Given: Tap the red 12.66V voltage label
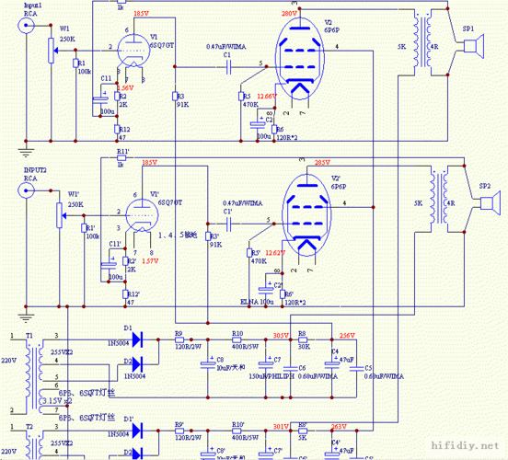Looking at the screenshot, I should tap(266, 96).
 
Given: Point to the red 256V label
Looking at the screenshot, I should tap(348, 336).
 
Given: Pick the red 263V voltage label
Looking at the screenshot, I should tap(338, 426).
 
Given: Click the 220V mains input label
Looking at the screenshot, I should tap(8, 362).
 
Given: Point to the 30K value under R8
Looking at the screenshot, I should tap(303, 346).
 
